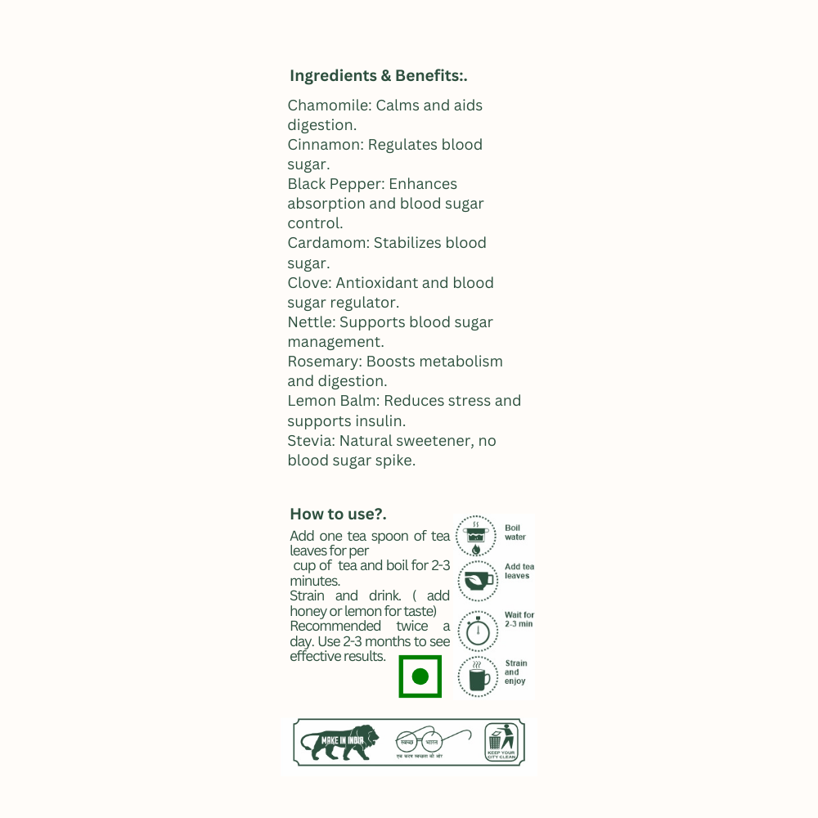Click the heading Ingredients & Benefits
[378, 76]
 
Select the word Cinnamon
[325, 145]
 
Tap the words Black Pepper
[335, 184]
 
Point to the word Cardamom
[327, 243]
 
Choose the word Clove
[308, 283]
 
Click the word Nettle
[311, 322]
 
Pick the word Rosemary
[324, 362]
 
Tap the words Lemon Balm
[332, 401]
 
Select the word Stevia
[310, 441]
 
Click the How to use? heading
[338, 514]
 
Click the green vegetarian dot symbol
[420, 676]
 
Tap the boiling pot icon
[475, 536]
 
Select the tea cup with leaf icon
[477, 581]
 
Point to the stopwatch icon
[478, 630]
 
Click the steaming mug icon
[478, 676]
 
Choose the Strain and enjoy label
[515, 672]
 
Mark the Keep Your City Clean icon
[501, 742]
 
